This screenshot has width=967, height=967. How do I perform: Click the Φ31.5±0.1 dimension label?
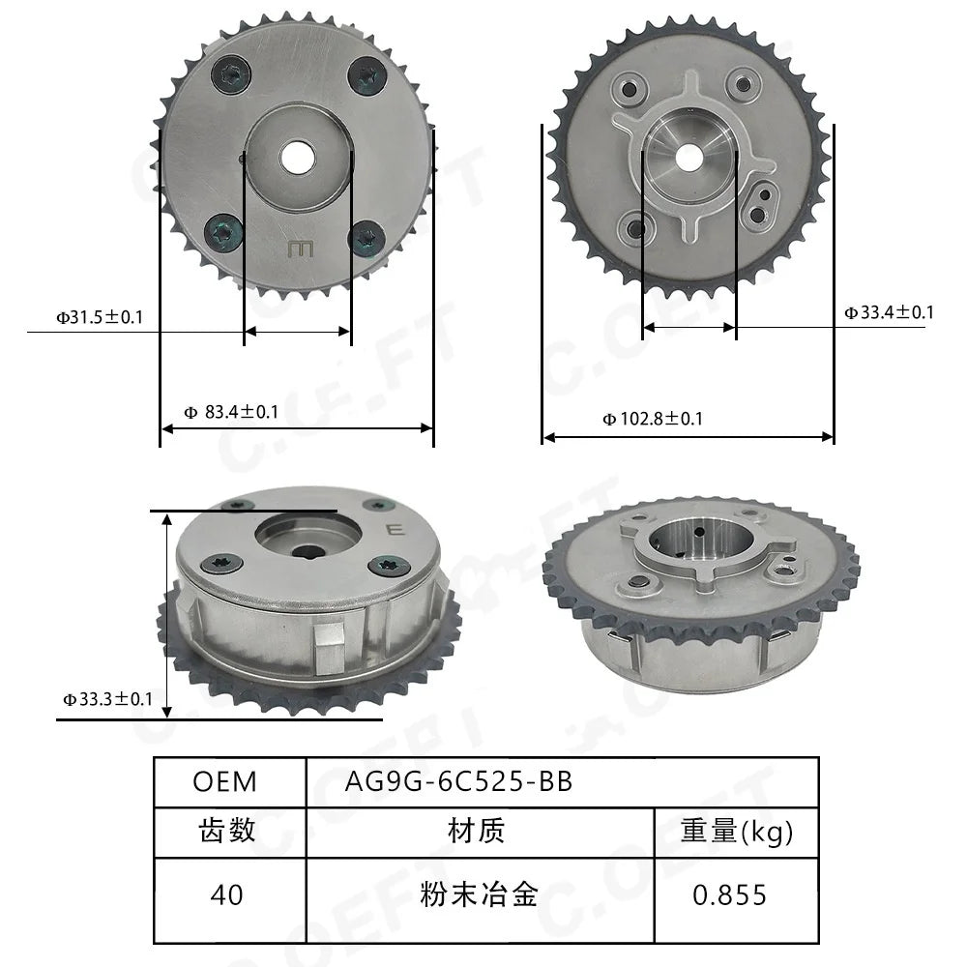coord(100,317)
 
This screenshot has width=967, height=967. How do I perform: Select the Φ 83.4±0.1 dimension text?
coord(231,411)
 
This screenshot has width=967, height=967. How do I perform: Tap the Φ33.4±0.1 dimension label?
coord(889,312)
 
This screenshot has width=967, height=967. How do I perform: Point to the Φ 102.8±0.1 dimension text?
coord(653,419)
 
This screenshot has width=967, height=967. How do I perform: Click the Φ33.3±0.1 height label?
coord(107,699)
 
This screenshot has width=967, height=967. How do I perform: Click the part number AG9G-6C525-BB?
coord(458,781)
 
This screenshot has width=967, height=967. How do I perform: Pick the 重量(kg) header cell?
coord(736,832)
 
